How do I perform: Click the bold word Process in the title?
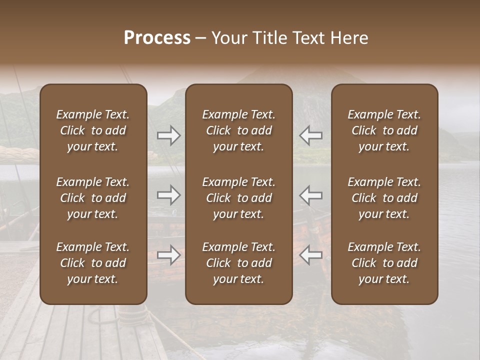(157, 38)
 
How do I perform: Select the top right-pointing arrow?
(168, 135)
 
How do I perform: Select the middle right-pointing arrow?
(168, 195)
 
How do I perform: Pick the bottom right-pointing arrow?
(168, 255)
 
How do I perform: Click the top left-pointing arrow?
(311, 135)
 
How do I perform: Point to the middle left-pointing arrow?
(311, 195)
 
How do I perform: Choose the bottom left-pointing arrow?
(311, 255)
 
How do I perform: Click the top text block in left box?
(93, 130)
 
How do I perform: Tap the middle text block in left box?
(93, 198)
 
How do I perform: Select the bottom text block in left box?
(93, 263)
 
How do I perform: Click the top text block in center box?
(238, 130)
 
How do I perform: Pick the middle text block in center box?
(238, 198)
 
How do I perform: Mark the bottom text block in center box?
(238, 263)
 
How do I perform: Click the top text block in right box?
(384, 130)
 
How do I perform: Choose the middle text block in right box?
(384, 198)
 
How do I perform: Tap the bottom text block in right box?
(384, 263)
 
